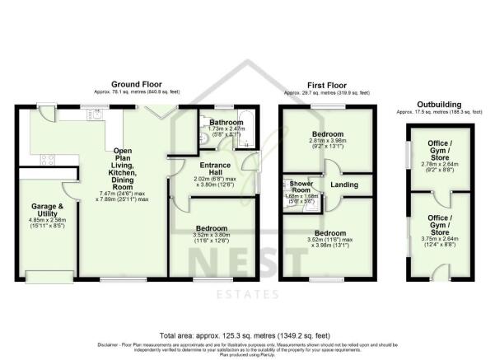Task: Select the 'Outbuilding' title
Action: [440, 105]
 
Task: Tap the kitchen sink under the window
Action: [96, 116]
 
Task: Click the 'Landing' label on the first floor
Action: [344, 185]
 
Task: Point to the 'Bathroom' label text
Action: [223, 122]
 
